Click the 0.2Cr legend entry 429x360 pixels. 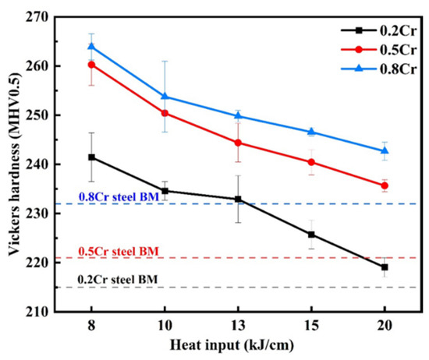(378, 30)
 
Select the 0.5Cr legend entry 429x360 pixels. (378, 49)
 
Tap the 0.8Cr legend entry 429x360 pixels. (378, 69)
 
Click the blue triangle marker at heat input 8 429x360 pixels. (91, 47)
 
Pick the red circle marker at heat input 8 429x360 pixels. (91, 65)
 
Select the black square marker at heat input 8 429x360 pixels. (91, 157)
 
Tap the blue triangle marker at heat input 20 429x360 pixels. (385, 150)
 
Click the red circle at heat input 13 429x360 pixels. (238, 143)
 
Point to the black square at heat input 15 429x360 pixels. (311, 235)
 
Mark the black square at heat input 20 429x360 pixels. (385, 267)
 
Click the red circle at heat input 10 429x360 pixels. (165, 113)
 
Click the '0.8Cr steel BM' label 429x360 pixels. (119, 197)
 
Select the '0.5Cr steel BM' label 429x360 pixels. (119, 251)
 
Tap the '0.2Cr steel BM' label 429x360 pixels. (118, 280)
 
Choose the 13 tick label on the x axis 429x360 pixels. (238, 325)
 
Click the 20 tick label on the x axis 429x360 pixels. (385, 325)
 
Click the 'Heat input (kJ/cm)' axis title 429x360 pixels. (232, 345)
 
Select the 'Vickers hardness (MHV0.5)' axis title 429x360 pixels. (14, 164)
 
